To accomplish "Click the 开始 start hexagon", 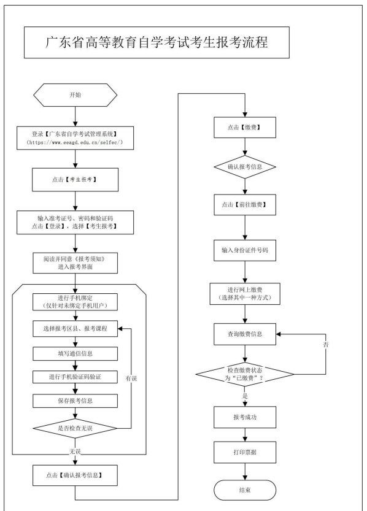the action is point(75,95).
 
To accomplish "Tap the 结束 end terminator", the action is point(245,490).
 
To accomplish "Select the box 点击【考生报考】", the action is point(75,180).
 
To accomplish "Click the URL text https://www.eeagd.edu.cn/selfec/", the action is point(75,142).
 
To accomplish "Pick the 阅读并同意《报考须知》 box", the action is point(75,263).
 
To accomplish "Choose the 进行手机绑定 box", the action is point(75,302).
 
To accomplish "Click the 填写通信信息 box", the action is point(75,353).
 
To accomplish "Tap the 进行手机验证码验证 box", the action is point(75,377).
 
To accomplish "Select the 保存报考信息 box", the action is point(75,401).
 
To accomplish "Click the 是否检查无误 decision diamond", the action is point(75,428).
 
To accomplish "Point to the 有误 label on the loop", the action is point(131,378).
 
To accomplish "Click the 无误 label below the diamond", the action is point(75,451).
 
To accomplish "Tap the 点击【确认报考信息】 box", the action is point(75,475).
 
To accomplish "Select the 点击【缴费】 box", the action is point(245,128).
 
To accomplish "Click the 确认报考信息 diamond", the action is point(245,167).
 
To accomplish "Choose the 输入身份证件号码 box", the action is point(245,250).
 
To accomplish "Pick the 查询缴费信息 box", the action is point(245,334).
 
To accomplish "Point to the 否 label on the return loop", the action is point(326,345).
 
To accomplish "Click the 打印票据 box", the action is point(245,452).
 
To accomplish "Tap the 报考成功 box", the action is point(245,417).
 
